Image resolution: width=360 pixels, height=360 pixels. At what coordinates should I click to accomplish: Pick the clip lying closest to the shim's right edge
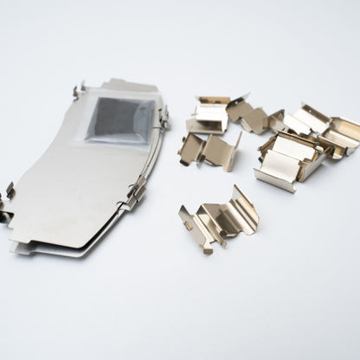click(205, 151)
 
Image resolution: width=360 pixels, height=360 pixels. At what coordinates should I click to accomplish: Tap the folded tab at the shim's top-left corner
click(80, 90)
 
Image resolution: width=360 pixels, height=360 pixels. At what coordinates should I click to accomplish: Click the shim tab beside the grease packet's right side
click(162, 116)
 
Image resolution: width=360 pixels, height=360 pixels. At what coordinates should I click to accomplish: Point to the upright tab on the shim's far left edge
click(9, 190)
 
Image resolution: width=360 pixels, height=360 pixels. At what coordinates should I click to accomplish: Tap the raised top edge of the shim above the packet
click(130, 85)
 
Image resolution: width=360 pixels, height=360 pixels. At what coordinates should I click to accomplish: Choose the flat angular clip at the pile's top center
click(246, 113)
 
